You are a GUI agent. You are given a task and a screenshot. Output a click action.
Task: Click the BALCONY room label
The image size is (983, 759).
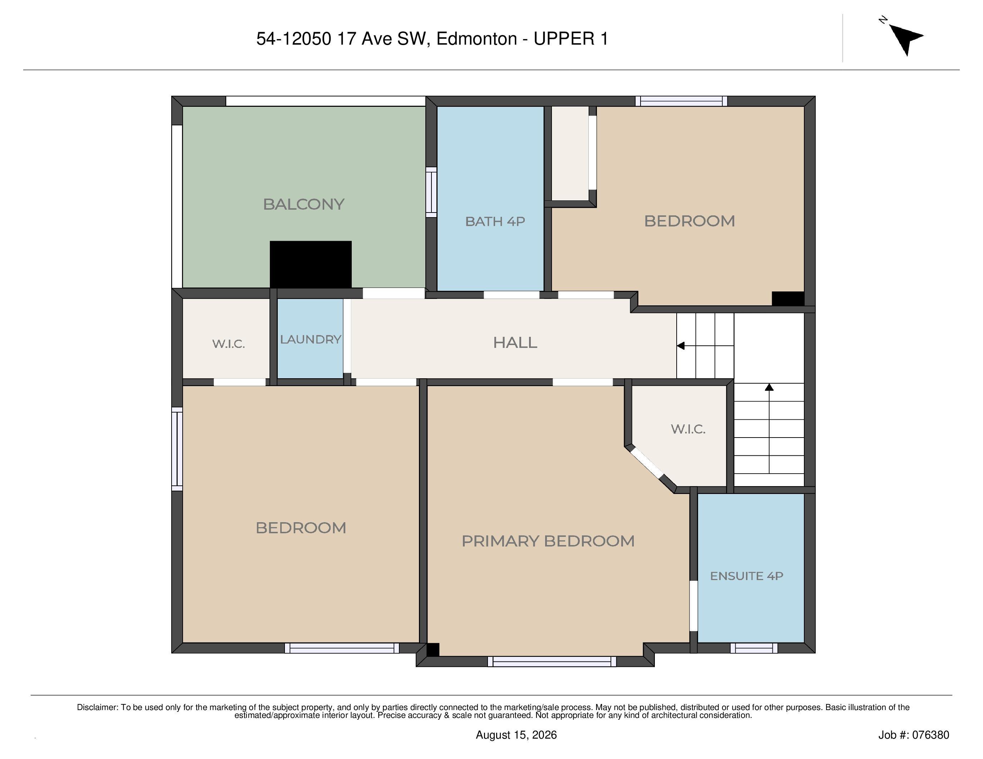(x=303, y=204)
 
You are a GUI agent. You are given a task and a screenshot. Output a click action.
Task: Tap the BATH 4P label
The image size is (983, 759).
(x=495, y=221)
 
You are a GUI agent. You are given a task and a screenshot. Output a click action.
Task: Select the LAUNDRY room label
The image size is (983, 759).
(x=311, y=339)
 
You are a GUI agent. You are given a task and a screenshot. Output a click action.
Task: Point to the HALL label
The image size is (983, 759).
(x=515, y=343)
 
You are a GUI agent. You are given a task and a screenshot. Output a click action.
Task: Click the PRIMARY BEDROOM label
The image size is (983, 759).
(x=548, y=540)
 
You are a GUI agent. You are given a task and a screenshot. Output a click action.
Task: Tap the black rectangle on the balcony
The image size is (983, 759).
(x=311, y=264)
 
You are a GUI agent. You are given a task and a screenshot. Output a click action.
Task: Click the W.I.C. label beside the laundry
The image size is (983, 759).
(x=229, y=344)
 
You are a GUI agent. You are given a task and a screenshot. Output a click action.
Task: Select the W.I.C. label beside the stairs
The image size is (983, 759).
(x=688, y=429)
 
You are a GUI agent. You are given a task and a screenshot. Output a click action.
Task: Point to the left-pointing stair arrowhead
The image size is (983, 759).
(x=681, y=345)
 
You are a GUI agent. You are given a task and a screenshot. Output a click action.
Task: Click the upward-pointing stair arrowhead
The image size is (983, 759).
(x=769, y=387)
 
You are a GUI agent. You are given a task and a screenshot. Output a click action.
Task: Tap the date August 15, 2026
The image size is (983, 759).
(x=516, y=735)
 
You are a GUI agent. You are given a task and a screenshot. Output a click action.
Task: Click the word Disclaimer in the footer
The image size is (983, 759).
(x=97, y=707)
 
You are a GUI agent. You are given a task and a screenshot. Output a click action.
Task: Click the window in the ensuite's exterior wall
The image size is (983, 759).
(x=754, y=648)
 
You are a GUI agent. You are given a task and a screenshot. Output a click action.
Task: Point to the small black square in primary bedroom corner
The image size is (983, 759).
(x=433, y=650)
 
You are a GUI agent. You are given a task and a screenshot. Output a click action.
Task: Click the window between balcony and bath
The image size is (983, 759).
(x=431, y=192)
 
